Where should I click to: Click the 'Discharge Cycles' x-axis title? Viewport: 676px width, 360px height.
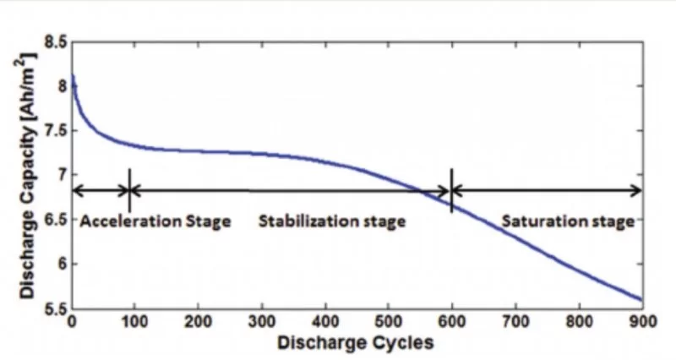coord(357,342)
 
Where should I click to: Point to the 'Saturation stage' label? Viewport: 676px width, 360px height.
coord(567,222)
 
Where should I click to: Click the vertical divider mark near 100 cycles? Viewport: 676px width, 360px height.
coord(129,189)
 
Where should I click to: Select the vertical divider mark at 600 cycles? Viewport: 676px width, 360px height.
coord(452,189)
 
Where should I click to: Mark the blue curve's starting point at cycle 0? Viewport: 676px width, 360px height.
coord(73,75)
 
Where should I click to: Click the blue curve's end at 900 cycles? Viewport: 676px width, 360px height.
coord(641,299)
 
